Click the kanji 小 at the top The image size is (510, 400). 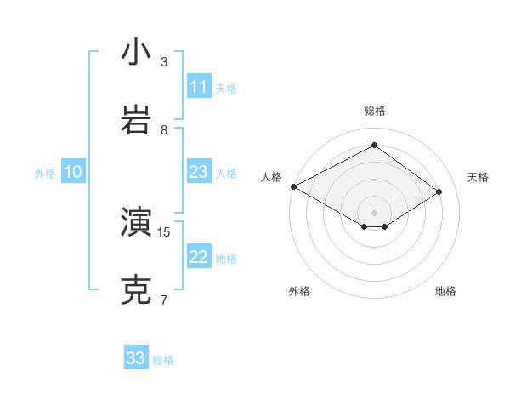point(136,52)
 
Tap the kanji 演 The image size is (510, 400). point(136,222)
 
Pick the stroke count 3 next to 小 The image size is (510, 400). point(164,62)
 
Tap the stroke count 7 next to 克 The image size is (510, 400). point(164,300)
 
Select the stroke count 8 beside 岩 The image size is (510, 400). point(164,129)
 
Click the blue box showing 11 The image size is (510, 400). point(199,87)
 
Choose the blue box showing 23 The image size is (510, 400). point(199,172)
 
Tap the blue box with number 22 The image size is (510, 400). point(199,257)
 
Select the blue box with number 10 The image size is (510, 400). point(73,172)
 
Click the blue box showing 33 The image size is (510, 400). point(136,358)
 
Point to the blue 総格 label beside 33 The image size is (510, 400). point(164,360)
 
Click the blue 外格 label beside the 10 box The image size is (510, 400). point(45,174)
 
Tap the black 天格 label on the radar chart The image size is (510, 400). point(478,177)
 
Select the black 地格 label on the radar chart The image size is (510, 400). point(445,291)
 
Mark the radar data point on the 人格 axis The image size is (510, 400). point(293,186)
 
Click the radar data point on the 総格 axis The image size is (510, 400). point(374,146)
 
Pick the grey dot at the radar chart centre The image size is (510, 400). point(374,212)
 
